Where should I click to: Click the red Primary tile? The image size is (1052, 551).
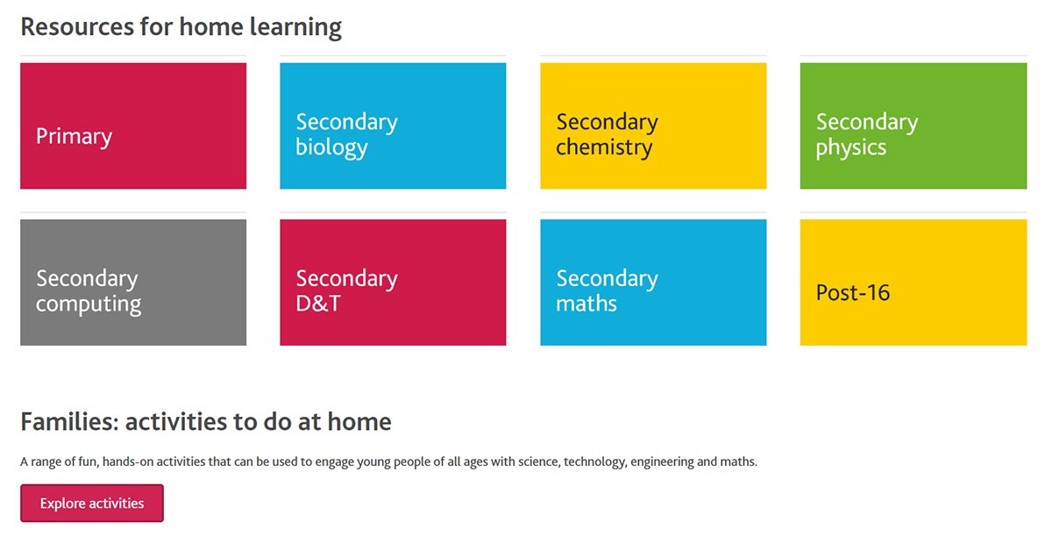pyautogui.click(x=133, y=125)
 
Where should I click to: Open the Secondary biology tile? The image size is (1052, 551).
pyautogui.click(x=393, y=125)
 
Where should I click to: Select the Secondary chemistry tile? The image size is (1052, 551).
pyautogui.click(x=653, y=125)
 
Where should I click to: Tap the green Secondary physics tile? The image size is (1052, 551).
pyautogui.click(x=913, y=125)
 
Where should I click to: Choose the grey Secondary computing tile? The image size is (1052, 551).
pyautogui.click(x=133, y=282)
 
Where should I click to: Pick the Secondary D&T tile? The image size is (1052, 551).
pyautogui.click(x=393, y=282)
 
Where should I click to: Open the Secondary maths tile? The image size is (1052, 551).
pyautogui.click(x=653, y=282)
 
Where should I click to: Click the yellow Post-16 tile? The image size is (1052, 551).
pyautogui.click(x=913, y=282)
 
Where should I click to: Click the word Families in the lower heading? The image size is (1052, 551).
pyautogui.click(x=68, y=422)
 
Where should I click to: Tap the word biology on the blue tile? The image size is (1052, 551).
pyautogui.click(x=331, y=147)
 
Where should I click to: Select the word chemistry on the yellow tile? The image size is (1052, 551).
pyautogui.click(x=604, y=147)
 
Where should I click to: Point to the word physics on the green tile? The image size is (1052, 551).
pyautogui.click(x=850, y=147)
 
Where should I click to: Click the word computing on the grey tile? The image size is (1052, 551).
pyautogui.click(x=89, y=304)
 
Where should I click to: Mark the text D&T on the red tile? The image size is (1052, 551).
pyautogui.click(x=318, y=304)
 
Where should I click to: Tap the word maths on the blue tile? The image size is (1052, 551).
pyautogui.click(x=586, y=304)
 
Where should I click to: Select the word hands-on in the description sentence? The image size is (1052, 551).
pyautogui.click(x=128, y=462)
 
